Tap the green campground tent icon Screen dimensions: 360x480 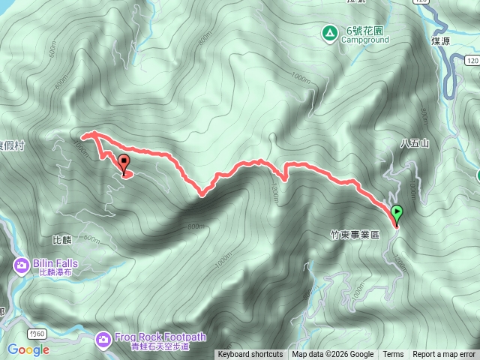(328, 33)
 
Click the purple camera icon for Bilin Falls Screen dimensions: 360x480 (21, 265)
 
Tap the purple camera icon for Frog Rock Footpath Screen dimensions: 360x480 (103, 340)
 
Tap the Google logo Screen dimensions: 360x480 (28, 349)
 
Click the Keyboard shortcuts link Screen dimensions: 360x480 (250, 355)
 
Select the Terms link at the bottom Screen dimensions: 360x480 (393, 355)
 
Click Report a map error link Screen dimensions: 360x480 (444, 355)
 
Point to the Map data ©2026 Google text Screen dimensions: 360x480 (332, 355)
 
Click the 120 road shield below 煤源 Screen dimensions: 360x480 (471, 58)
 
